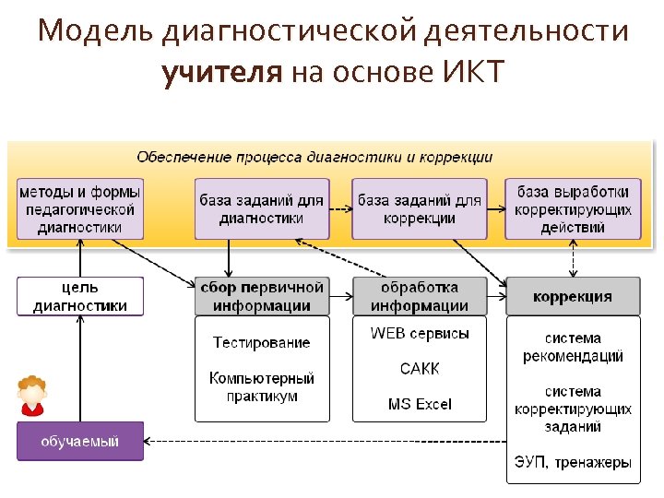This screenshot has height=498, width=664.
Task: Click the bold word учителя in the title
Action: [221, 72]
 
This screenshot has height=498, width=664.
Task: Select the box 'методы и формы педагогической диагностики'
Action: [80, 209]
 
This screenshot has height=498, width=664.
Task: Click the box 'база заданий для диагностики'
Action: [261, 209]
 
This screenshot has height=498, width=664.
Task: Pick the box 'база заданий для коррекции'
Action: [420, 209]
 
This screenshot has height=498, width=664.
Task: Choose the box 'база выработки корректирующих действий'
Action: [573, 209]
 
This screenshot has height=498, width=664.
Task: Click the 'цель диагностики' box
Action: [80, 297]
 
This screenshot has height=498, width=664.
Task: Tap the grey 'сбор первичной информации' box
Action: [261, 296]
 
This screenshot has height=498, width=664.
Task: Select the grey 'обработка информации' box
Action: [420, 296]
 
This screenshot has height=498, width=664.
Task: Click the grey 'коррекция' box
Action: [573, 296]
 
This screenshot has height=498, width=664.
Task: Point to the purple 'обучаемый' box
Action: [80, 442]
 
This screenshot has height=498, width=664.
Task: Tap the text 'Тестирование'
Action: [261, 342]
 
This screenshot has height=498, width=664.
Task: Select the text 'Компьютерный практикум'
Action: [261, 386]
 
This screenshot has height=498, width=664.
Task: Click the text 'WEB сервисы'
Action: [420, 333]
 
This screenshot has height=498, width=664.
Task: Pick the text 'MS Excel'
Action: [420, 404]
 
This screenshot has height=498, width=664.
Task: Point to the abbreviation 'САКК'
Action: [420, 368]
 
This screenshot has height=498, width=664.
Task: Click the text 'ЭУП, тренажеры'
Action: [573, 462]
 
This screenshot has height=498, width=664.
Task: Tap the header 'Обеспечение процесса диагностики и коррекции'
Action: [314, 158]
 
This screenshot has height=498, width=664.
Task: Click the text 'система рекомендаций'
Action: [573, 347]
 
